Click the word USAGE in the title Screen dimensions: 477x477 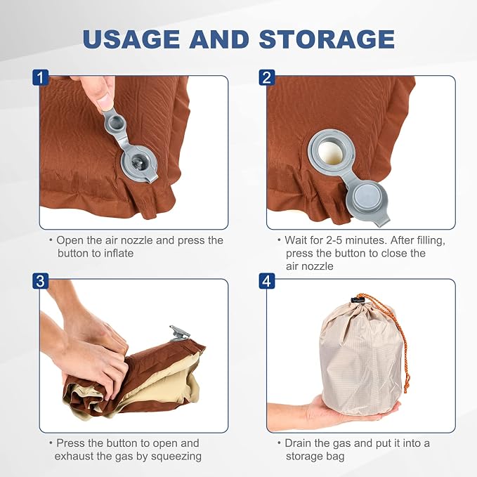(x=131, y=39)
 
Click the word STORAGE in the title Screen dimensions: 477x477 (x=327, y=39)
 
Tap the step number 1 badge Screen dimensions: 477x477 (x=41, y=77)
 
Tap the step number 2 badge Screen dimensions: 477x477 (x=267, y=77)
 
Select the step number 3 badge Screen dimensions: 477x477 (x=41, y=281)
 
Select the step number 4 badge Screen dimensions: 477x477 (x=267, y=281)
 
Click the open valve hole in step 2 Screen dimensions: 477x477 (x=331, y=152)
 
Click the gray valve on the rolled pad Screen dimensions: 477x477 (x=180, y=333)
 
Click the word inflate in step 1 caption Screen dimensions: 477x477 (x=119, y=254)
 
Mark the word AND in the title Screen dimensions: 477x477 (x=220, y=39)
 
